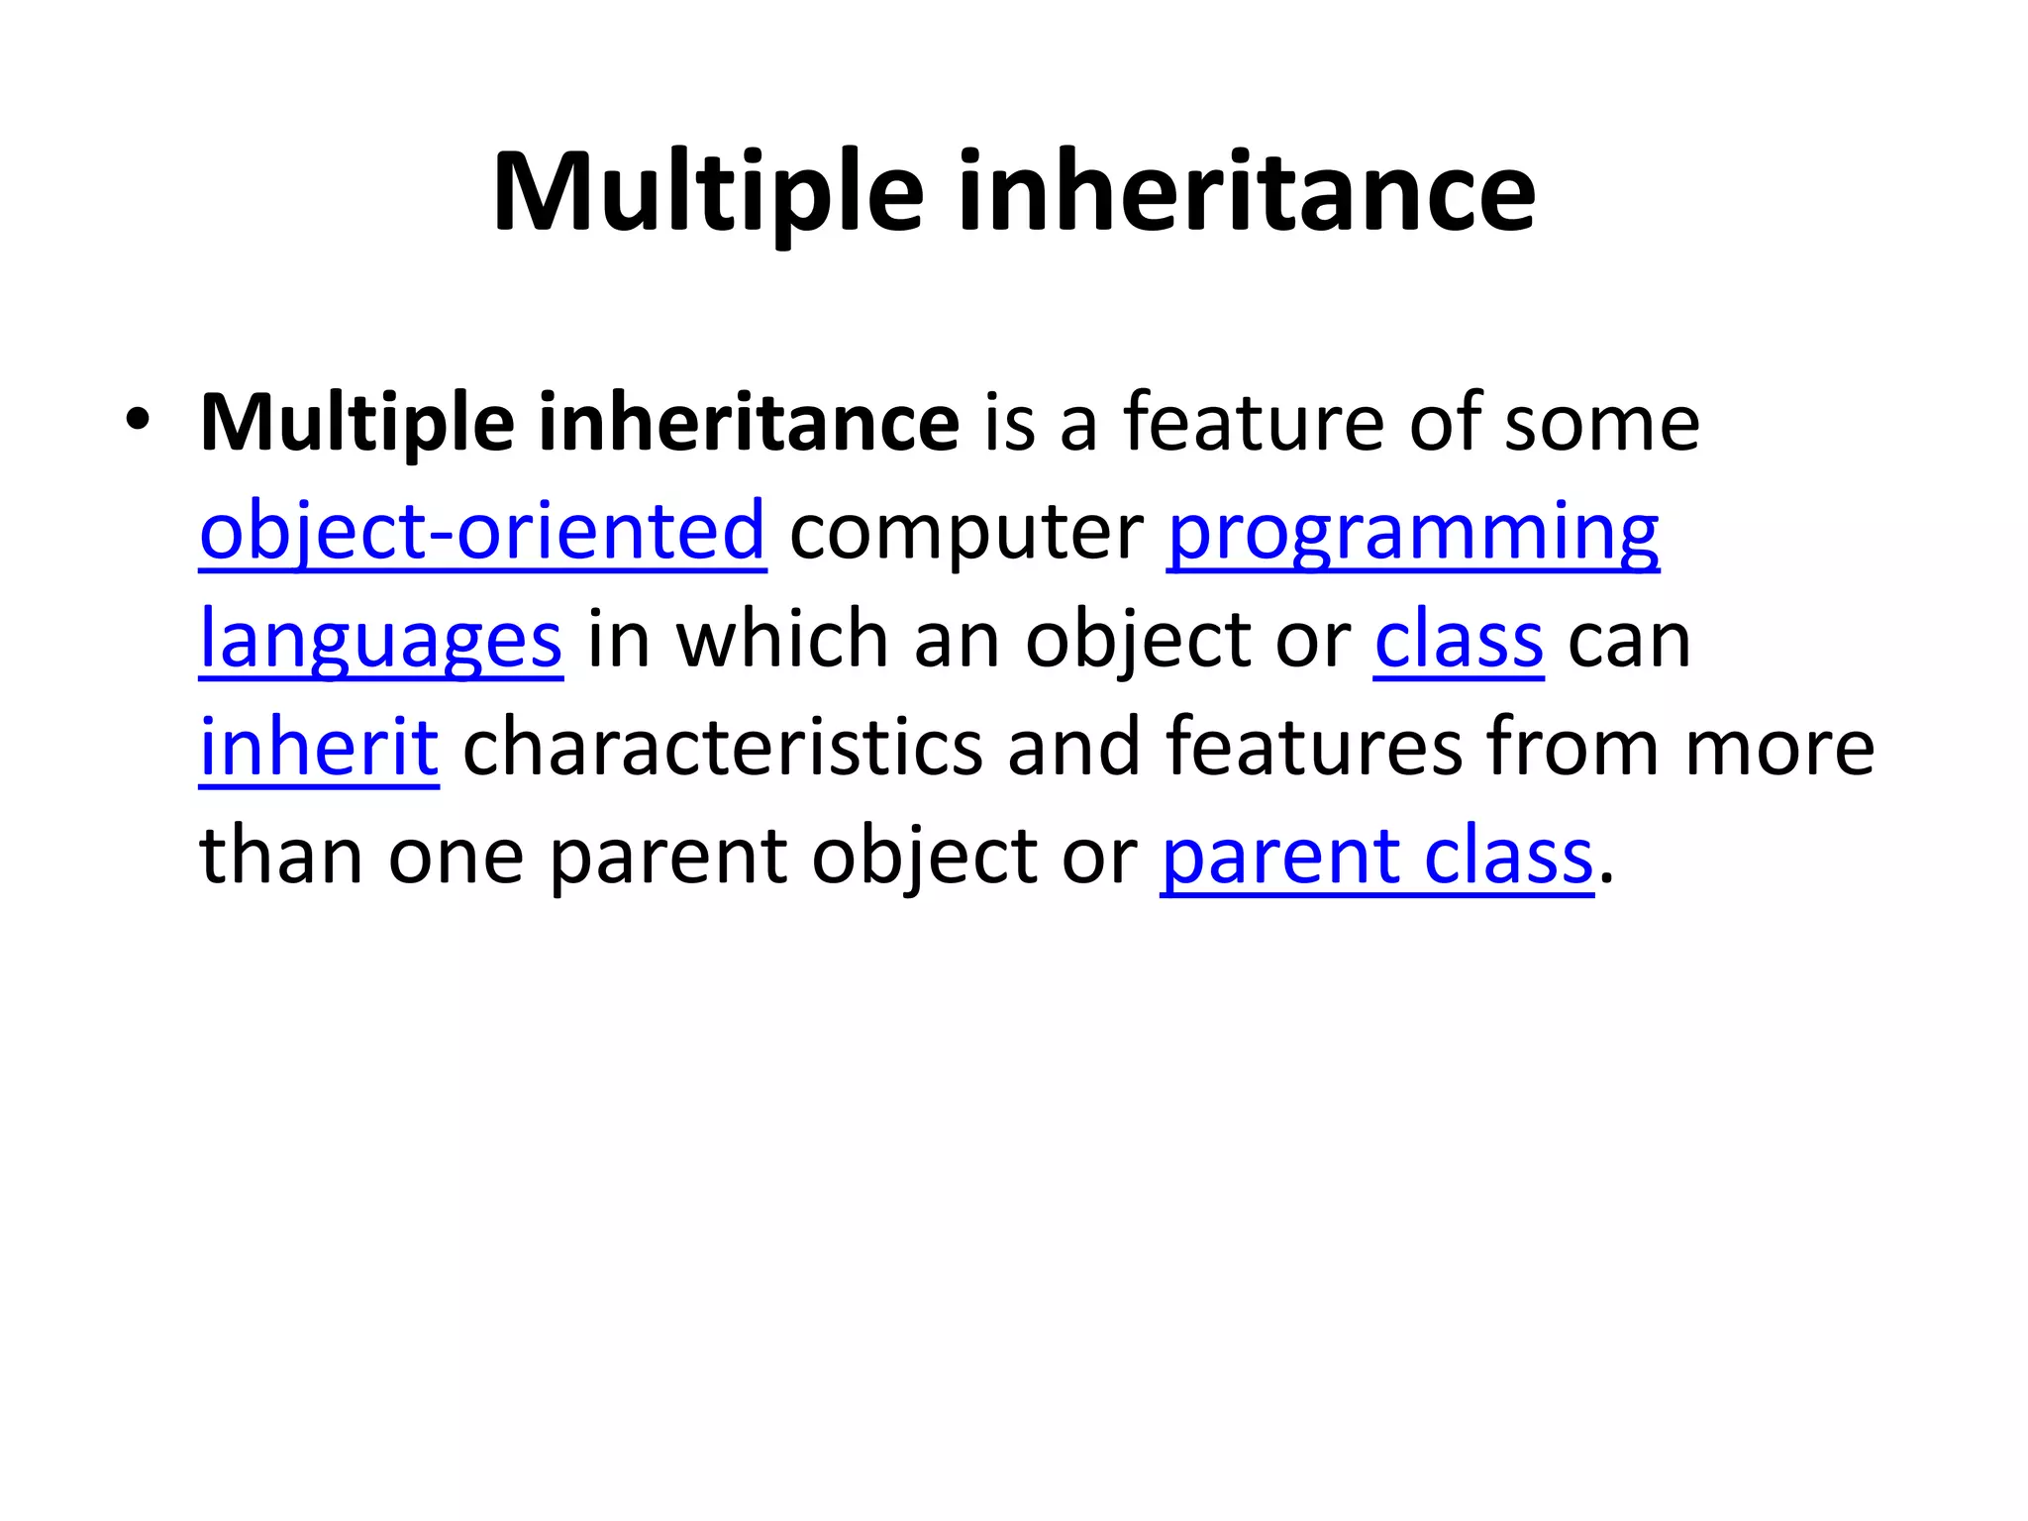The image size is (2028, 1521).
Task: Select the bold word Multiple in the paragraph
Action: click(x=356, y=423)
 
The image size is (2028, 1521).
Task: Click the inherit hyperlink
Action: click(x=319, y=748)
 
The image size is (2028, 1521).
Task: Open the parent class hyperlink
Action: click(x=1376, y=856)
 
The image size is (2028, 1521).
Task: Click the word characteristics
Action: click(x=723, y=748)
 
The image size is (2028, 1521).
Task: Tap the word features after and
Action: click(x=1314, y=748)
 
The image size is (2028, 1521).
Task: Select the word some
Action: click(x=1601, y=423)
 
